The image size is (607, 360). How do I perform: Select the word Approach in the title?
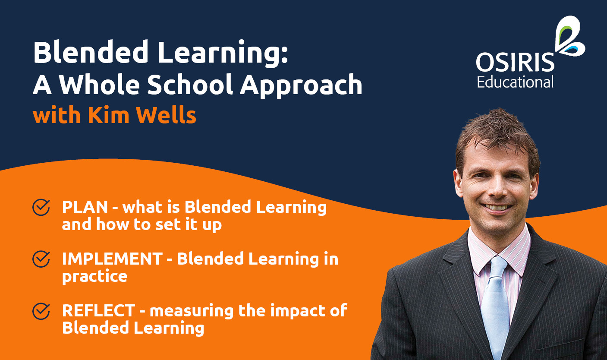point(301,86)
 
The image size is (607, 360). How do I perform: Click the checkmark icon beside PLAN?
point(41,207)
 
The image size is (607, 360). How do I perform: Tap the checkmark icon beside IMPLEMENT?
point(41,259)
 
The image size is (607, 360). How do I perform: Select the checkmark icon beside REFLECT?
point(41,311)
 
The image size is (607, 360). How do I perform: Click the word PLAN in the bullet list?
point(85,207)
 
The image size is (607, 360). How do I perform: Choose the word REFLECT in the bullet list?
point(99,311)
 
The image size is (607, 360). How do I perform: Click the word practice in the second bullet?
point(94,276)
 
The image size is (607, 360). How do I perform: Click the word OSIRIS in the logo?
point(515,63)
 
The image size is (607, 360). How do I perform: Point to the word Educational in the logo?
point(515,82)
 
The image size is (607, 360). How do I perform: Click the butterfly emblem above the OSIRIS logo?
point(569,36)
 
